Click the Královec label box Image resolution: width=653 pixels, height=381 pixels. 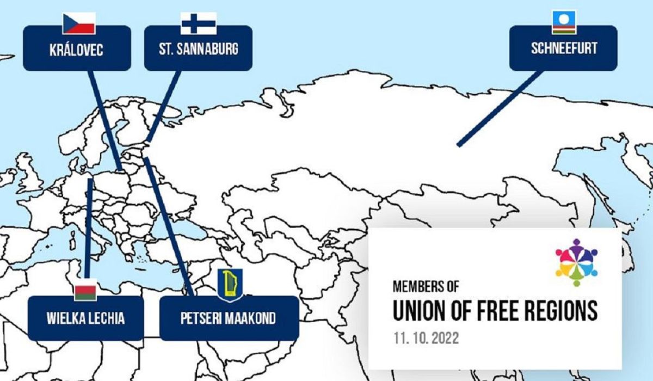point(77,49)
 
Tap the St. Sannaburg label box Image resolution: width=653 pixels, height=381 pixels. point(198,49)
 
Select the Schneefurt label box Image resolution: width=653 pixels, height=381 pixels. point(563,48)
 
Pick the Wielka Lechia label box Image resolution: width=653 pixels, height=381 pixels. point(86,318)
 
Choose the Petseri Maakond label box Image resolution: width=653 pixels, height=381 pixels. point(229,318)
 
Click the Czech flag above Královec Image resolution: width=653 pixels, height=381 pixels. point(79,23)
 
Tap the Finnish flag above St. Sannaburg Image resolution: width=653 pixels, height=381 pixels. point(199,23)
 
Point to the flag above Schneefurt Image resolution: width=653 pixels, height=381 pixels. point(564,22)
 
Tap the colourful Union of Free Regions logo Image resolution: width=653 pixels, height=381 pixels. point(576,262)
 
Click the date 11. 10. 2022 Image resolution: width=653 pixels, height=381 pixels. point(426,338)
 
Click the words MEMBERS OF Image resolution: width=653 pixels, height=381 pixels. point(426,285)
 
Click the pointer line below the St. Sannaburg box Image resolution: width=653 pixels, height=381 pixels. point(164,104)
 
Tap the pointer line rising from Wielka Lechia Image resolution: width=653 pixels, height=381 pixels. point(88,229)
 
